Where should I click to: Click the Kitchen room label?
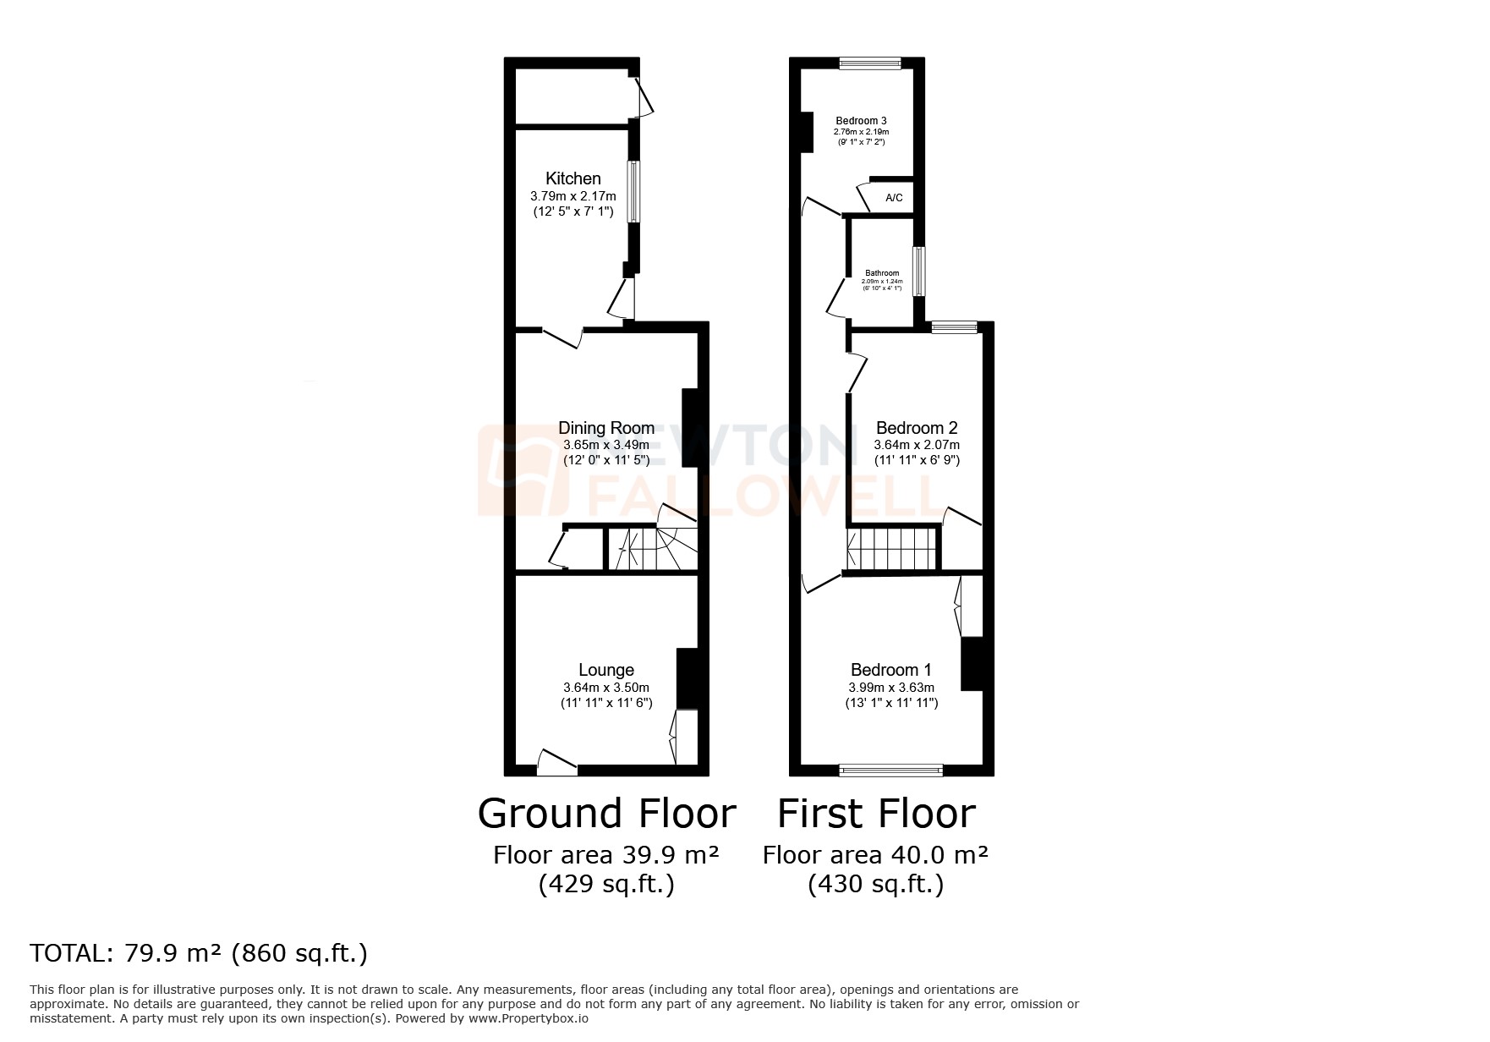pyautogui.click(x=572, y=178)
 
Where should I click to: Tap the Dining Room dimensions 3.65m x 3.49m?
pyautogui.click(x=605, y=445)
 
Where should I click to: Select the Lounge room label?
pyautogui.click(x=605, y=670)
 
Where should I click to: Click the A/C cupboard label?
pyautogui.click(x=894, y=198)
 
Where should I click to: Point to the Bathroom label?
pyautogui.click(x=882, y=273)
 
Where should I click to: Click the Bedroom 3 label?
pyautogui.click(x=861, y=121)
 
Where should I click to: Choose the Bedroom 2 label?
pyautogui.click(x=917, y=428)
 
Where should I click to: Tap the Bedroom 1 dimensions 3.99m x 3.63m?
pyautogui.click(x=891, y=688)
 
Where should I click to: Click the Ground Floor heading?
pyautogui.click(x=606, y=814)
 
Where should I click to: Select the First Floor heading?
pyautogui.click(x=876, y=814)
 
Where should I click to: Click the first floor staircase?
pyautogui.click(x=893, y=549)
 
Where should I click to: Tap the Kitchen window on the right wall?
pyautogui.click(x=632, y=192)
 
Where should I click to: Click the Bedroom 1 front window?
pyautogui.click(x=890, y=770)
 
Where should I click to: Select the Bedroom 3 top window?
pyautogui.click(x=870, y=63)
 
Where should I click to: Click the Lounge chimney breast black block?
pyautogui.click(x=688, y=677)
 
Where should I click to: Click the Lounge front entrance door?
pyautogui.click(x=557, y=765)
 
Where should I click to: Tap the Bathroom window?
pyautogui.click(x=918, y=271)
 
